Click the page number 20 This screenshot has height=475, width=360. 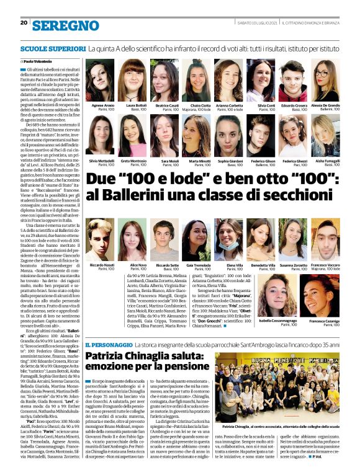tap(23, 23)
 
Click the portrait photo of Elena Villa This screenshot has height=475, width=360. tap(229, 239)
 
